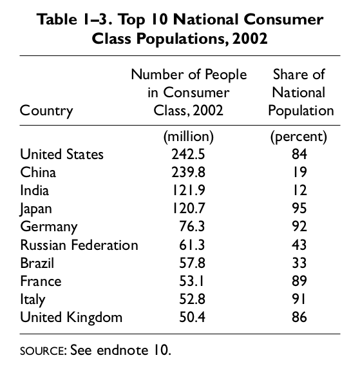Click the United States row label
62,154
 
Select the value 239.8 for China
188,173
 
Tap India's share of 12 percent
299,190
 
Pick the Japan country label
35,209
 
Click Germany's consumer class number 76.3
192,226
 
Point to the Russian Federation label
79,245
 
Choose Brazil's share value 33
299,263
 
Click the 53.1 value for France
191,281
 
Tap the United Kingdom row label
71,317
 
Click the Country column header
46,111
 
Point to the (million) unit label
189,137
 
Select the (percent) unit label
299,137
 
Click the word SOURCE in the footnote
43,351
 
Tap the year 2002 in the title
249,38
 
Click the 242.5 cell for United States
188,154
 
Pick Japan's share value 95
299,208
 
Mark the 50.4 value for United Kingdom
192,317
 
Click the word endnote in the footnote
122,350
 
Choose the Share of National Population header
301,93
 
